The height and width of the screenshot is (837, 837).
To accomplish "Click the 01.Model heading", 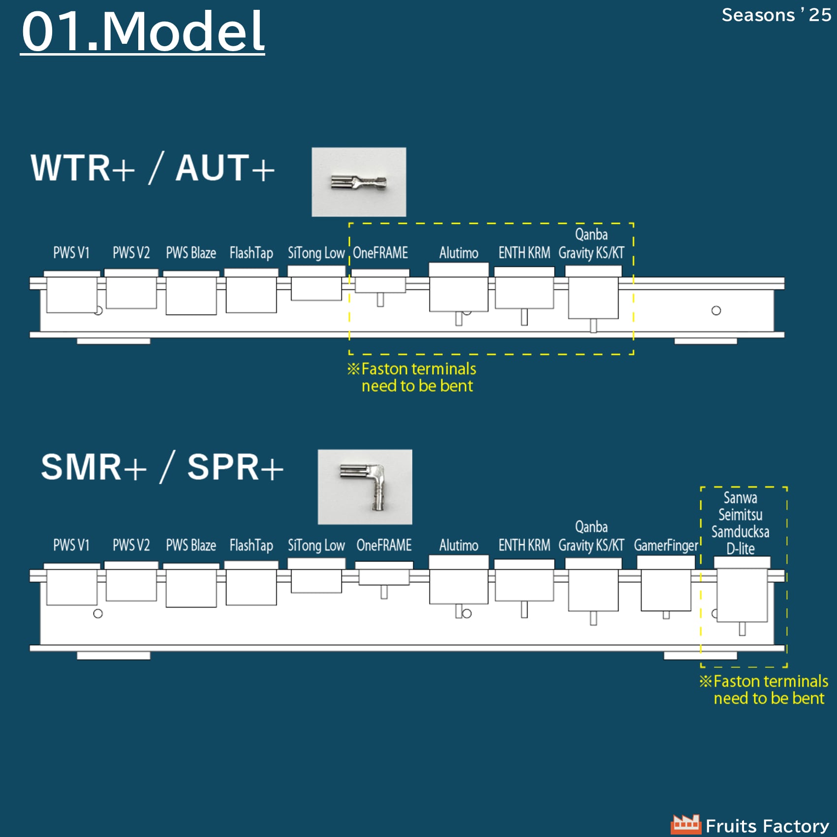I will click(143, 31).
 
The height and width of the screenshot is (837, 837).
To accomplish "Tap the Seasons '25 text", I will click(776, 15).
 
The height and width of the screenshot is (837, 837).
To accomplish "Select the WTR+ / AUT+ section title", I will click(153, 168).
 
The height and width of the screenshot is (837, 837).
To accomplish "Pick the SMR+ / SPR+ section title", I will click(162, 467).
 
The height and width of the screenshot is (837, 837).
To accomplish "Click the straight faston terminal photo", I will click(359, 182).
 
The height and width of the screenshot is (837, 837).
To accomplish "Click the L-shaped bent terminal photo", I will click(365, 487).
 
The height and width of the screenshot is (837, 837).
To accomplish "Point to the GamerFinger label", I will click(666, 545).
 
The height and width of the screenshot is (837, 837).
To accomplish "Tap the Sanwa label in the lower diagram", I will click(740, 497).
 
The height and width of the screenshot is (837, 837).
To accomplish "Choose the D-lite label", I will click(740, 548).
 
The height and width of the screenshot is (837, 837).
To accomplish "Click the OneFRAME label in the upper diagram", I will click(380, 253).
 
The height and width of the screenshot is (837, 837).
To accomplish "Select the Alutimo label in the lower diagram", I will click(459, 545).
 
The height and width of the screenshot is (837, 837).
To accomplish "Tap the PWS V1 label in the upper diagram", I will click(71, 253).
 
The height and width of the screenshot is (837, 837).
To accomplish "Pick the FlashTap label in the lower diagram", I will click(251, 545).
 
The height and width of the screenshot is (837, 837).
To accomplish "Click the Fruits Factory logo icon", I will click(686, 824).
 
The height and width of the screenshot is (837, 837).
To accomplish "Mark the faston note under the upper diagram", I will click(412, 377).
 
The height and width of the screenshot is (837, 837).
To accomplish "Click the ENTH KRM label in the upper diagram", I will click(524, 253).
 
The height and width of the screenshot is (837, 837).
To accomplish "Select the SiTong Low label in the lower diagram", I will click(316, 545).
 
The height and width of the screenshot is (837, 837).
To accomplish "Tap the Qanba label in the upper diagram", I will click(591, 234).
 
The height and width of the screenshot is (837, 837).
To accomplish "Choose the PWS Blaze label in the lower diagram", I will click(191, 545).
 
